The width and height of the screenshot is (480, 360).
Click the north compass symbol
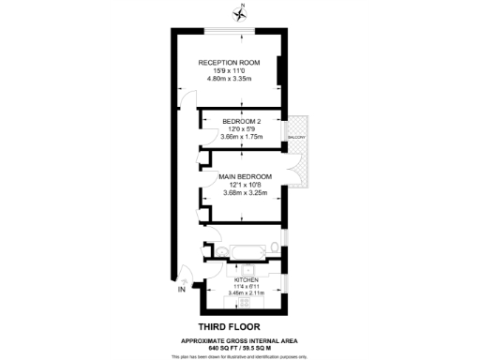pyautogui.click(x=241, y=12)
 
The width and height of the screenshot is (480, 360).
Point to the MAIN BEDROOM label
pyautogui.click(x=245, y=176)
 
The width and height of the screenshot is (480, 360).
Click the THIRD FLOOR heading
pyautogui.click(x=239, y=325)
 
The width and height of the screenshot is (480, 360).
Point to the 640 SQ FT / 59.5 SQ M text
pyautogui.click(x=240, y=346)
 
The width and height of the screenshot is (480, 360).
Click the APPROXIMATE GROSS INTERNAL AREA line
pyautogui.click(x=240, y=338)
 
